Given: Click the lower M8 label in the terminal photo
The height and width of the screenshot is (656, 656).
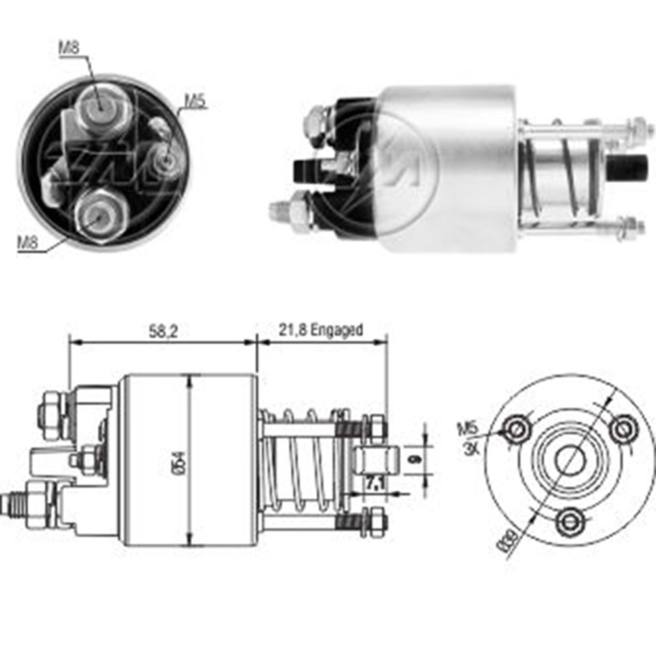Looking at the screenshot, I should [28, 242].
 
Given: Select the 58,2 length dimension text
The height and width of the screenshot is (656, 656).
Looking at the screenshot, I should [163, 331].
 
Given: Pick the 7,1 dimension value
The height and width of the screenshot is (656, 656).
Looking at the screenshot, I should [375, 485].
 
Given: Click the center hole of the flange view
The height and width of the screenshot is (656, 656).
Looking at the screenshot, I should [568, 459].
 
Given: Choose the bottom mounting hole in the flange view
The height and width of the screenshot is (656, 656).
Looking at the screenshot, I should [569, 522].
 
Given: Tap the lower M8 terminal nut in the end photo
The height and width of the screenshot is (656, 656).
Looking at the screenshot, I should [100, 213].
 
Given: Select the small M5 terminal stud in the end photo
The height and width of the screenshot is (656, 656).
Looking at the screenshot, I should [163, 158].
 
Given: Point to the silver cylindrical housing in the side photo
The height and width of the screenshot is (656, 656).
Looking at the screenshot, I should [446, 167].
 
